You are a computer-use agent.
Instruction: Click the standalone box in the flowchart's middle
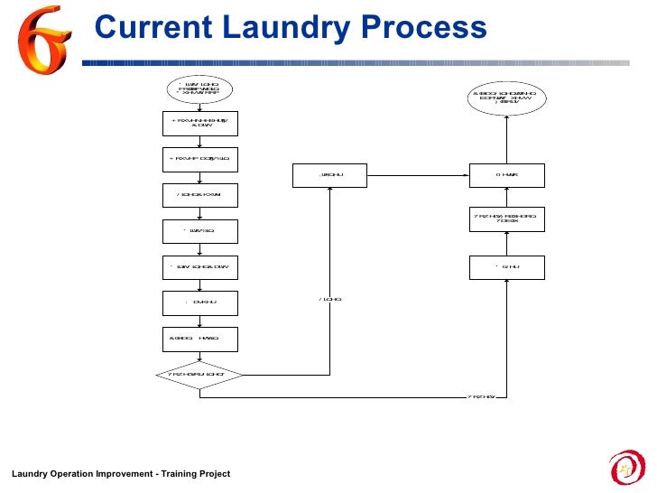tap(330, 175)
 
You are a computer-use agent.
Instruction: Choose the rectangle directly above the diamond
tap(199, 339)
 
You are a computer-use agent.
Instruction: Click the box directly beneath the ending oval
tap(505, 175)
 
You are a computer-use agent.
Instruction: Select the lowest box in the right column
tap(505, 267)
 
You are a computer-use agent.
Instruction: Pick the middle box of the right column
tap(505, 219)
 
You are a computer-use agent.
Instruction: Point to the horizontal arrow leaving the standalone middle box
tap(419, 175)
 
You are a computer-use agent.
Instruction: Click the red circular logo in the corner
tap(628, 466)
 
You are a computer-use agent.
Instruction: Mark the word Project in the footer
tap(214, 474)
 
